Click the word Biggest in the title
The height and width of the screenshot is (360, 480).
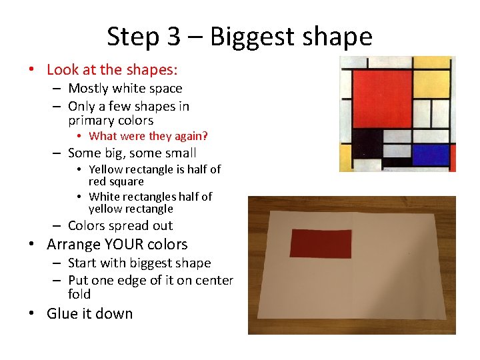point(253,37)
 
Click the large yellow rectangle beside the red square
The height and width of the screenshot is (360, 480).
point(431,84)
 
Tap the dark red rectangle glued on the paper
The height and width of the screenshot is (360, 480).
point(320,242)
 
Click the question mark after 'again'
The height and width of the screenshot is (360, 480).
point(205,137)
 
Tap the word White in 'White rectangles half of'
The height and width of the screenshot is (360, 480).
point(104,196)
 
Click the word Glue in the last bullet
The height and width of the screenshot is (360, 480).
point(61,313)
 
